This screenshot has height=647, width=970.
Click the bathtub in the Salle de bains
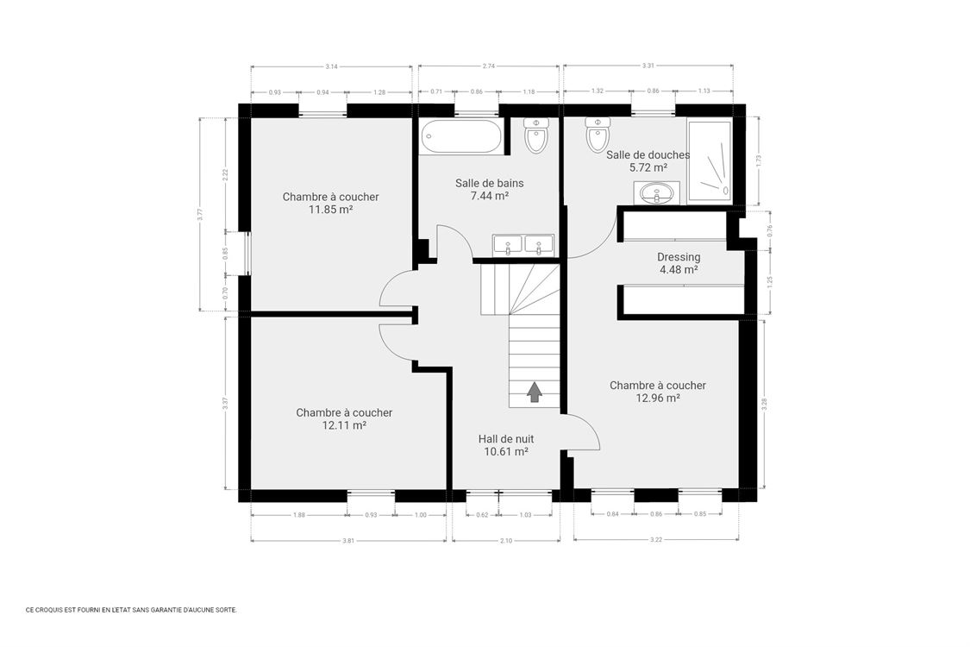coord(460,136)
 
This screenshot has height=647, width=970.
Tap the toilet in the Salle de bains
coord(535,135)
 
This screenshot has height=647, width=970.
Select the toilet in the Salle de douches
coord(598,134)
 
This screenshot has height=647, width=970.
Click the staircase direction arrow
coord(535,393)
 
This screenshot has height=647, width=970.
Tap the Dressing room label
coord(679,257)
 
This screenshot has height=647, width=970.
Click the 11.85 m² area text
coord(330,209)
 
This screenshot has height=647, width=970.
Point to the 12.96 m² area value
coord(658,398)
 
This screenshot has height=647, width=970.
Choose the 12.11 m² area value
coord(344,425)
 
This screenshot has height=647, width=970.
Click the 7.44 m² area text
coord(489,196)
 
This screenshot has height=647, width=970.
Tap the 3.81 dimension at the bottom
coord(348,541)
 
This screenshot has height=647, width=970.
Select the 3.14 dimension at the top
coord(331,66)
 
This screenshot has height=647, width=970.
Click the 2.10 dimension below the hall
coord(505,541)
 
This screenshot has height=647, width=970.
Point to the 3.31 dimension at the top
coord(648,66)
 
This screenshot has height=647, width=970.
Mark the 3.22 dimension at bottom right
coord(655,541)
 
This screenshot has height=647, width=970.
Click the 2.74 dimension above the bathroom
coord(488,66)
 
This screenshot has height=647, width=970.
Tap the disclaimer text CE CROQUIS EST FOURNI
coord(130,609)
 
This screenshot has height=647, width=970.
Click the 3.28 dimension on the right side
coord(764,405)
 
